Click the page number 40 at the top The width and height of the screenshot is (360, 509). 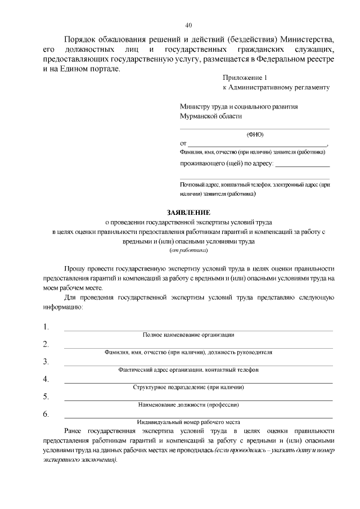(x=188, y=25)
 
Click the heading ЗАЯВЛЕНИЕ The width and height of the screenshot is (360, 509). (x=188, y=213)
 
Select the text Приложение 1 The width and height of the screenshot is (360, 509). (x=242, y=78)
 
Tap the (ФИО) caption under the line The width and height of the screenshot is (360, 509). (x=255, y=134)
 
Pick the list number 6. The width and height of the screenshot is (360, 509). (x=46, y=415)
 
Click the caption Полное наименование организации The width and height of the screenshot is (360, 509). (x=188, y=335)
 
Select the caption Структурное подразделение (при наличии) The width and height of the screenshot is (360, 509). (x=188, y=388)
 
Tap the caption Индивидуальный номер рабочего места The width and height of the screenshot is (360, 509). (x=188, y=422)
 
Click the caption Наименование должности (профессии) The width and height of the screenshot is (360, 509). (x=188, y=405)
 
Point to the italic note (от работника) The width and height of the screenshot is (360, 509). (x=188, y=250)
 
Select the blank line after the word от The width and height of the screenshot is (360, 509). (x=258, y=145)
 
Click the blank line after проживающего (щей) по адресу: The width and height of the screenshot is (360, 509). (x=302, y=165)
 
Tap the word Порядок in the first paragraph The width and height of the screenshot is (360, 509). (x=82, y=40)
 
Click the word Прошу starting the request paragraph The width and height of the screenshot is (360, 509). (x=75, y=269)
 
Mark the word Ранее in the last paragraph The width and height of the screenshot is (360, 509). (x=75, y=431)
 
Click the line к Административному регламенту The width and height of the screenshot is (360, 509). (x=276, y=88)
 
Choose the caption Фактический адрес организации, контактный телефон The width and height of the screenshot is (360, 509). (x=188, y=370)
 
